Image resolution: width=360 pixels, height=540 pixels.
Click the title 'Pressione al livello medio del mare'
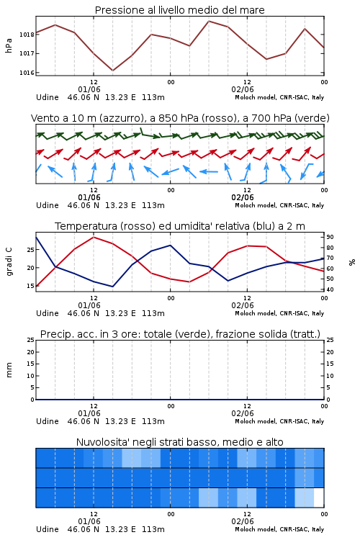click(179, 10)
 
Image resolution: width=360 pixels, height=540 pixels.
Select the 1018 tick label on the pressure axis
click(27, 35)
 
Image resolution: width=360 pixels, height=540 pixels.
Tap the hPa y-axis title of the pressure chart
click(9, 46)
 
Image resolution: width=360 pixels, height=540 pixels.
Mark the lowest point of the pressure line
click(112, 71)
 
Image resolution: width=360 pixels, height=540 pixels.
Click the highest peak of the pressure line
click(209, 21)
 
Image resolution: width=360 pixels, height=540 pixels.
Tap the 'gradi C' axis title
click(9, 261)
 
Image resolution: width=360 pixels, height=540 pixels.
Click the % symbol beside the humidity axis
click(352, 262)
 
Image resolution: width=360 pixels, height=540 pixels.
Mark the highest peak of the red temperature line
click(94, 238)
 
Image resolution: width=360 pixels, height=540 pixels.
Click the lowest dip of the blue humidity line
click(112, 287)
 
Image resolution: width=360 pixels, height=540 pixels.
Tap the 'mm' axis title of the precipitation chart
click(9, 370)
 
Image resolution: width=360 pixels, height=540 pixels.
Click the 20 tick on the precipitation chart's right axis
click(330, 352)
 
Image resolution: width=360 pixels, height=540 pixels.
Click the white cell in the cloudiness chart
click(319, 498)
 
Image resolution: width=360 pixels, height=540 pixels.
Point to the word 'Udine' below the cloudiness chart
click(48, 529)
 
